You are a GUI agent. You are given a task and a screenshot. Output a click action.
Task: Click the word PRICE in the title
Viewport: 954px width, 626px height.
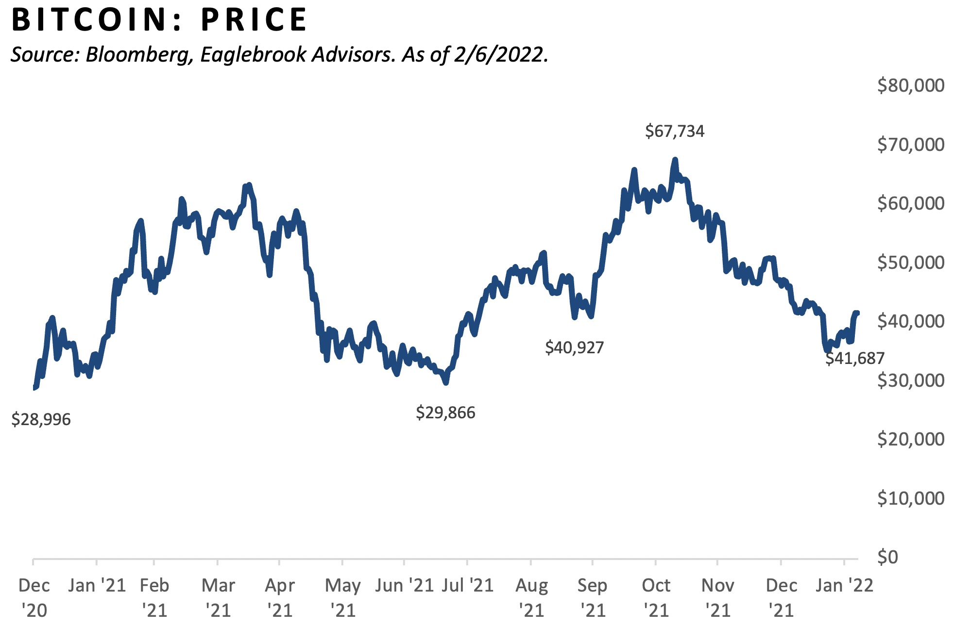coord(254,20)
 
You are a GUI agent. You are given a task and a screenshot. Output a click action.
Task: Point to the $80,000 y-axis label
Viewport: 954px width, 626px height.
coord(910,85)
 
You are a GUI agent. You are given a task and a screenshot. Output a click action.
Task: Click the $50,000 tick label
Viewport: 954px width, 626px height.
coord(910,263)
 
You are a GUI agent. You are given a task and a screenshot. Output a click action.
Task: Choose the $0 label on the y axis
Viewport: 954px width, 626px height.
coord(887,557)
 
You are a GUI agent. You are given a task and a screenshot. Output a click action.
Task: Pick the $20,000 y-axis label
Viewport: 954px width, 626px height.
coord(910,439)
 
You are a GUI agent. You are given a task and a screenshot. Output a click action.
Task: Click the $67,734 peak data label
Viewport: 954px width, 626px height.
coord(674,131)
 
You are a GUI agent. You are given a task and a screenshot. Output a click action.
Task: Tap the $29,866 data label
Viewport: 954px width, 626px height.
coord(445,412)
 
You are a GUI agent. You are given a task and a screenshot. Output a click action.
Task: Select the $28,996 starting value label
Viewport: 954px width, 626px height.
coord(41,419)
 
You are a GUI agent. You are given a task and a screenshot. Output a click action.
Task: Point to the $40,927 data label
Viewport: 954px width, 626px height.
coord(574,347)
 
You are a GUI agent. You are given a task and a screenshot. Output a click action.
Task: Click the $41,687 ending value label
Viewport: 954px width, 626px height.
coord(855,358)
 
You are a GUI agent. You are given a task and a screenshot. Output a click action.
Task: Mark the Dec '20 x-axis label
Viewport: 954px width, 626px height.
coord(34,598)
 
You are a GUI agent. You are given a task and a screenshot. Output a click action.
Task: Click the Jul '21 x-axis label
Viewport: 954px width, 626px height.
coord(467,586)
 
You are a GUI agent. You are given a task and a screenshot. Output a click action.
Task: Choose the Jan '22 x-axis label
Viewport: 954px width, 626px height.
coord(844,586)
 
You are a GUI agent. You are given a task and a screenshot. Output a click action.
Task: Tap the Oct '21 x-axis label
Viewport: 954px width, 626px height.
coord(656,598)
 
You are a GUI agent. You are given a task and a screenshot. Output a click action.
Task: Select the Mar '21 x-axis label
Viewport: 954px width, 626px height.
coord(218,598)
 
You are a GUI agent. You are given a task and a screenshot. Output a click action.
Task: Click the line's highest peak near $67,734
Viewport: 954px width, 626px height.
coord(675,160)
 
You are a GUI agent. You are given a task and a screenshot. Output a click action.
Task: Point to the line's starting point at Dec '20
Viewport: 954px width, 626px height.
coord(34,387)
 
